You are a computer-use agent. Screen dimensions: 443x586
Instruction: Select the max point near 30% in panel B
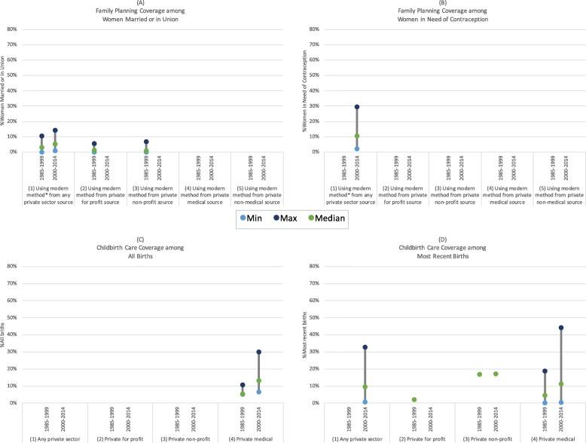point(356,107)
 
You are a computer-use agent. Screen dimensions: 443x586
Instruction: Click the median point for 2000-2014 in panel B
point(356,136)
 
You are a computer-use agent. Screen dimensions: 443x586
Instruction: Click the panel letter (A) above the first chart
point(145,5)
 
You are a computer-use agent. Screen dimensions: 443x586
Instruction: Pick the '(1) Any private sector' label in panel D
point(356,438)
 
